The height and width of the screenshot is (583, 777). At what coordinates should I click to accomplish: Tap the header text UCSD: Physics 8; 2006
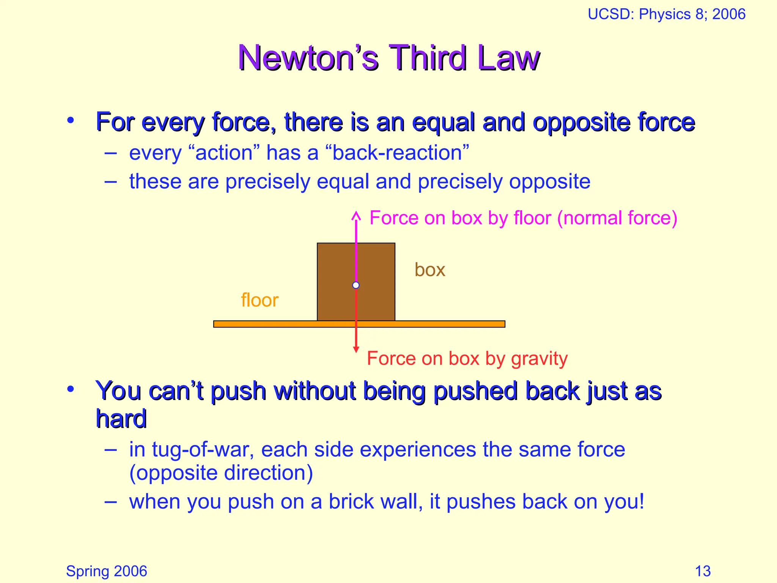(x=666, y=14)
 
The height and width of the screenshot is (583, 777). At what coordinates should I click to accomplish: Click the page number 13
(x=703, y=571)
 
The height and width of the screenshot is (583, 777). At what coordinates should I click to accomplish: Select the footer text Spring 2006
(x=106, y=571)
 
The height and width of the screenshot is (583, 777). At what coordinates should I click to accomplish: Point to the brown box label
(x=429, y=270)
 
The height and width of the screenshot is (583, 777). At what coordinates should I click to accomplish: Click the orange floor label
(x=260, y=300)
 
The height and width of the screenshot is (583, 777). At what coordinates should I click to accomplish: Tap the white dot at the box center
(x=356, y=285)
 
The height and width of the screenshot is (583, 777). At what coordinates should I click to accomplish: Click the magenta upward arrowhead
(x=356, y=216)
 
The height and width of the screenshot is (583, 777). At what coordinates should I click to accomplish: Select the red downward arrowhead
(x=356, y=349)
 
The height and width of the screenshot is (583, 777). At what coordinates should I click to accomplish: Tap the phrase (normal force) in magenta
(x=617, y=218)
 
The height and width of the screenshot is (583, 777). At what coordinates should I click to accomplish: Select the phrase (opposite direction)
(x=221, y=473)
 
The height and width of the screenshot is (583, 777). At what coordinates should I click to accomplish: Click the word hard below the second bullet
(x=121, y=419)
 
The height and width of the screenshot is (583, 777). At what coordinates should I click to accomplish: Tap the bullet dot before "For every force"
(x=71, y=121)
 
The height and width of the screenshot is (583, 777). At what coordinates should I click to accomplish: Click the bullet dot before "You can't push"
(x=71, y=389)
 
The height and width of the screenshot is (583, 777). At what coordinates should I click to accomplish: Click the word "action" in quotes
(x=224, y=153)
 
